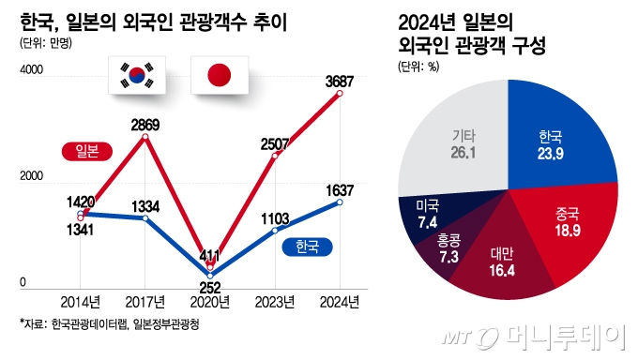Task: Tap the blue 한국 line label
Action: coord(306,247)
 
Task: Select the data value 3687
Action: coord(341,81)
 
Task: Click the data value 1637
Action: coord(341,189)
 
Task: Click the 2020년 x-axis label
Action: coord(210,301)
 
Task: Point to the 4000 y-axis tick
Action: coord(31,69)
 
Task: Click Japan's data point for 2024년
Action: coord(342,94)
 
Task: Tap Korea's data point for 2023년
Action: coord(275,230)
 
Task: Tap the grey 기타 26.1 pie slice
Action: coord(455,141)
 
